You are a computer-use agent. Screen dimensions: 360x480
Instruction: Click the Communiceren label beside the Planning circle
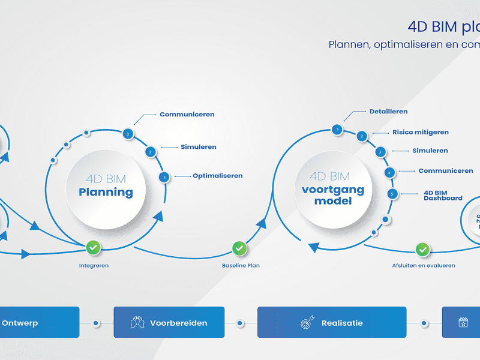(x=187, y=114)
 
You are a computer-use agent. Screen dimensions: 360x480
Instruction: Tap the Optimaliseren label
(x=217, y=176)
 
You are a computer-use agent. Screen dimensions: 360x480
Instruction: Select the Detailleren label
(x=388, y=111)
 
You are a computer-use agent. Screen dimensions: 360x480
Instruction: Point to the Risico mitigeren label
(x=420, y=132)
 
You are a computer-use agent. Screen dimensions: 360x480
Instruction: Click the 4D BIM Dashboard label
(x=443, y=195)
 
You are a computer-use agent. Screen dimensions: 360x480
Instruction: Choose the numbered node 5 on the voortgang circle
(x=392, y=194)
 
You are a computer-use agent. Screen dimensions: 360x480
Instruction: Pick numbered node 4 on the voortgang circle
(x=389, y=172)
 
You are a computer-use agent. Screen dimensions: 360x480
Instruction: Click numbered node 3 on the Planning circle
(x=127, y=134)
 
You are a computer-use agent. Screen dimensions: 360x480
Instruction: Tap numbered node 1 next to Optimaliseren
(x=164, y=177)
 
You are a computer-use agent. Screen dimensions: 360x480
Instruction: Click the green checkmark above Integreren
(x=93, y=247)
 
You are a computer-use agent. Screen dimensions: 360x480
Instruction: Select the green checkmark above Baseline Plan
(x=239, y=247)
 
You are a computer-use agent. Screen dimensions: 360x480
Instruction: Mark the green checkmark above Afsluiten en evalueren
(x=423, y=249)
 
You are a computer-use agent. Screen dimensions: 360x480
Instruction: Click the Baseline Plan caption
(x=241, y=265)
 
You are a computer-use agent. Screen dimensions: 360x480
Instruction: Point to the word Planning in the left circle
(x=106, y=192)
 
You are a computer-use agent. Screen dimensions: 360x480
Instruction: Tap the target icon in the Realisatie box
(x=306, y=323)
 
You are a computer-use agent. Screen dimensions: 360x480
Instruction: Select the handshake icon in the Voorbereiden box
(x=137, y=323)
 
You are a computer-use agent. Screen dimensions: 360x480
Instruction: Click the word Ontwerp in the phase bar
(x=20, y=323)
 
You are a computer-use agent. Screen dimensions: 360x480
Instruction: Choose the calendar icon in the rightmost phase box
(x=463, y=323)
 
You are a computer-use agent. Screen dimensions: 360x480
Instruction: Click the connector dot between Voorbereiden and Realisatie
(x=240, y=323)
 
